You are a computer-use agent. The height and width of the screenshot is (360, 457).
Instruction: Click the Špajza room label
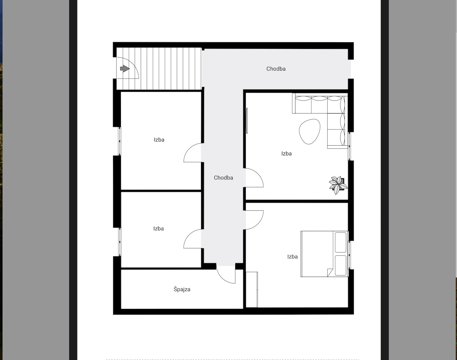182,289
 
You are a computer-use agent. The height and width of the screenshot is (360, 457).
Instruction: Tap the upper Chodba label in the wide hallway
276,69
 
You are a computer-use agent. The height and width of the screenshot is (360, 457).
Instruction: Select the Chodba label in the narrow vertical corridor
223,177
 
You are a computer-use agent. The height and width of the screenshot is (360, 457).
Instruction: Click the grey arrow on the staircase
125,69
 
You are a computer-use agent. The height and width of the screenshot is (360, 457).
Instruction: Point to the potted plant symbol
338,185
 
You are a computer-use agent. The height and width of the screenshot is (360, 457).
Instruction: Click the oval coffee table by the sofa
309,131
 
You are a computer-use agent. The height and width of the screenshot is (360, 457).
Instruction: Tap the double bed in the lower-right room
324,254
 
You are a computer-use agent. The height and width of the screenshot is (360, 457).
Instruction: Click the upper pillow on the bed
341,242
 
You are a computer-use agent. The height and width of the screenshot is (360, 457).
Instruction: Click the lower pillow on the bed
341,265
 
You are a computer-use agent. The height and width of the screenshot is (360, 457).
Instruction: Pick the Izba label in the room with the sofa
286,153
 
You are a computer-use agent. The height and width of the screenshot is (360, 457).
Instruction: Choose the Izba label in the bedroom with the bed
293,257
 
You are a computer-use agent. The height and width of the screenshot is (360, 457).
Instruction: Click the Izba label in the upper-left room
159,140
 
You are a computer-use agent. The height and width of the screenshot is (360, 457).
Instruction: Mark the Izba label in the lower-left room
158,229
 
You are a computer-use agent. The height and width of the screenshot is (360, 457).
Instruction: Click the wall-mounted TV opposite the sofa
247,121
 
